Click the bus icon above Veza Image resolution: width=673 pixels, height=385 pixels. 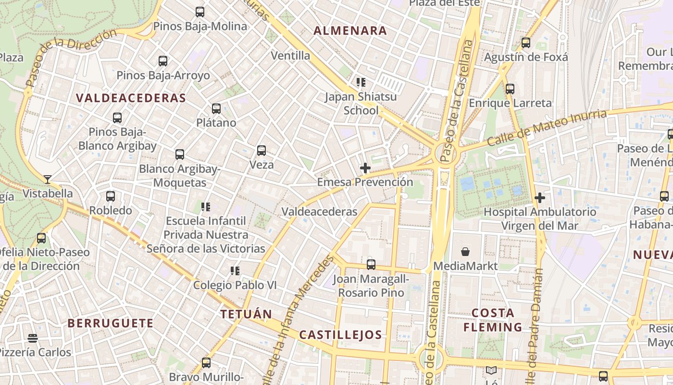point(262,151)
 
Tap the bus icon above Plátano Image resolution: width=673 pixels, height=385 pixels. point(216,109)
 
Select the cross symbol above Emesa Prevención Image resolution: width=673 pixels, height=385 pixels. point(365,168)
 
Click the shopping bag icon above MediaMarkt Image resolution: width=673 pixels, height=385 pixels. point(465,252)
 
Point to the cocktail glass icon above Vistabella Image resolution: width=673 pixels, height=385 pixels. point(47,180)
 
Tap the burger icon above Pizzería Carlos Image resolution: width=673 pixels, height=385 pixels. point(33,338)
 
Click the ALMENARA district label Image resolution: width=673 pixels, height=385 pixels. point(350,31)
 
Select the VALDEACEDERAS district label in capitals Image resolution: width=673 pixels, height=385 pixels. point(131,98)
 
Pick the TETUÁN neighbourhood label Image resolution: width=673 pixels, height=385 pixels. point(246,314)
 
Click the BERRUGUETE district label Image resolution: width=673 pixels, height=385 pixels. point(111,323)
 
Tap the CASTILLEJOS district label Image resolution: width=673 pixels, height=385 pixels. point(340,335)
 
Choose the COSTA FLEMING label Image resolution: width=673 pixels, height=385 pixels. point(493,320)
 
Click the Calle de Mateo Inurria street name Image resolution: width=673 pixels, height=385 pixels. point(547,128)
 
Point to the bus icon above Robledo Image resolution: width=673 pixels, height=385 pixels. point(111,196)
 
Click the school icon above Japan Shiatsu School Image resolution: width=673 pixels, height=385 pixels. point(361,82)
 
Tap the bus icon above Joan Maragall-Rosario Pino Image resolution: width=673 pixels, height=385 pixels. point(371,265)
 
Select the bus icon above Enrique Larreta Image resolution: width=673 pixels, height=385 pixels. point(510,89)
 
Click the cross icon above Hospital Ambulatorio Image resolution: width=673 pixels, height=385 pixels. point(540,198)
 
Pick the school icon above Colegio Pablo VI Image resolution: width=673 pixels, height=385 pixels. point(235,271)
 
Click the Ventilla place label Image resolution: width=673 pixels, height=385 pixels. point(290,55)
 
